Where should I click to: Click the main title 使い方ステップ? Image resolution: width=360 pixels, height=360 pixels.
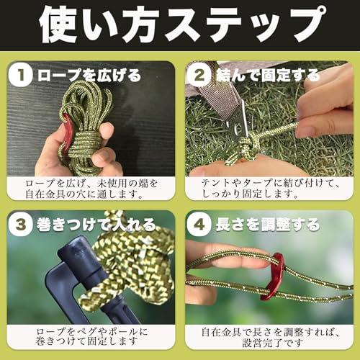[179, 27]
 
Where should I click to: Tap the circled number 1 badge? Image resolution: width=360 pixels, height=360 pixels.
[23, 74]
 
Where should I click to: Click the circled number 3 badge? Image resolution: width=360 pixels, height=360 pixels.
[23, 224]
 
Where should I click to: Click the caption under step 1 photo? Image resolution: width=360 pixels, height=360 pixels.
[91, 189]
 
